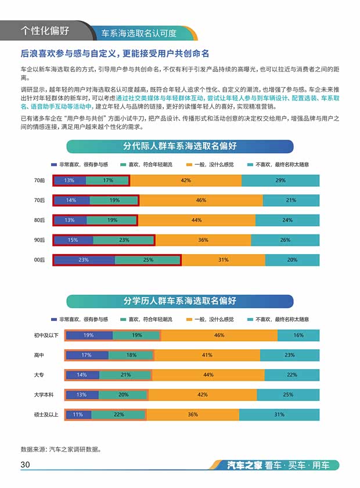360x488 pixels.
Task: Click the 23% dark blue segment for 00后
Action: coord(84,260)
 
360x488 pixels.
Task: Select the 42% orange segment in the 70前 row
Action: coord(185,180)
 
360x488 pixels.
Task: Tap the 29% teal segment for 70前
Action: coord(280,180)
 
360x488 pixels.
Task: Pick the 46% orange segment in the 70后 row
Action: coord(201,200)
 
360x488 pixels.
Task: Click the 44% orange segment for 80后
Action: coord(196,220)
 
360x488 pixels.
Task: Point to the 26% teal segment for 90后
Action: coord(285,240)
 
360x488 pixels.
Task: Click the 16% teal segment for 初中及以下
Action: coord(298,335)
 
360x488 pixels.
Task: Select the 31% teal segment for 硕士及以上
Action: coord(279,414)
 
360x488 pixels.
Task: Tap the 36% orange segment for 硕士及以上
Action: coord(193,414)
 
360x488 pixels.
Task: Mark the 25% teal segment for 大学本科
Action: coord(287,395)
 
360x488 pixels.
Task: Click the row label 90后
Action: coord(39,240)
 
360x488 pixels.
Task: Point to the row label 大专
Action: coord(39,375)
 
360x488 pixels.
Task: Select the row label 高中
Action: coord(39,355)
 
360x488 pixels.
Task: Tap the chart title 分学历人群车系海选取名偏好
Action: coord(179,301)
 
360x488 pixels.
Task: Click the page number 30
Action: coord(25,465)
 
